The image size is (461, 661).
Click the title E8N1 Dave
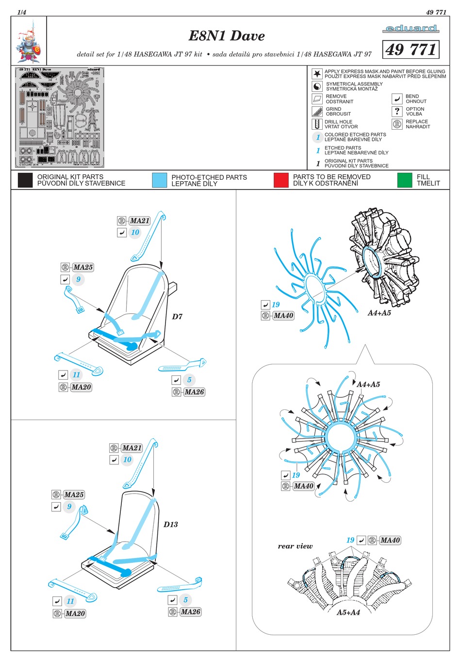227,36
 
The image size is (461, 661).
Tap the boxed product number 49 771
411,50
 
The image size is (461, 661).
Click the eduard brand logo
410,29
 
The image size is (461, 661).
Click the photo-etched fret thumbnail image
61,118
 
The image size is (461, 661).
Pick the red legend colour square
281,180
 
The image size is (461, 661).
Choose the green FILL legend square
404,180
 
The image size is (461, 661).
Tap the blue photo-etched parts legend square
159,180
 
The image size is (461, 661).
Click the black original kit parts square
25,180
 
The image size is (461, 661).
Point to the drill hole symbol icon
317,124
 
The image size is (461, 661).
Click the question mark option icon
397,111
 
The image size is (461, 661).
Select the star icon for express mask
317,74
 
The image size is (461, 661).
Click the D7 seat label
177,317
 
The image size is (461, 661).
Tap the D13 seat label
170,525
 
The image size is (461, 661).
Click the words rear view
295,546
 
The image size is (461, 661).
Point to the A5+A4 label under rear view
348,612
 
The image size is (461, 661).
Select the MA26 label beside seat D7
194,392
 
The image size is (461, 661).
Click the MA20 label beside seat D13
75,613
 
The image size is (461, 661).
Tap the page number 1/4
22,12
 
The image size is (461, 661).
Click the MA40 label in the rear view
390,540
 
